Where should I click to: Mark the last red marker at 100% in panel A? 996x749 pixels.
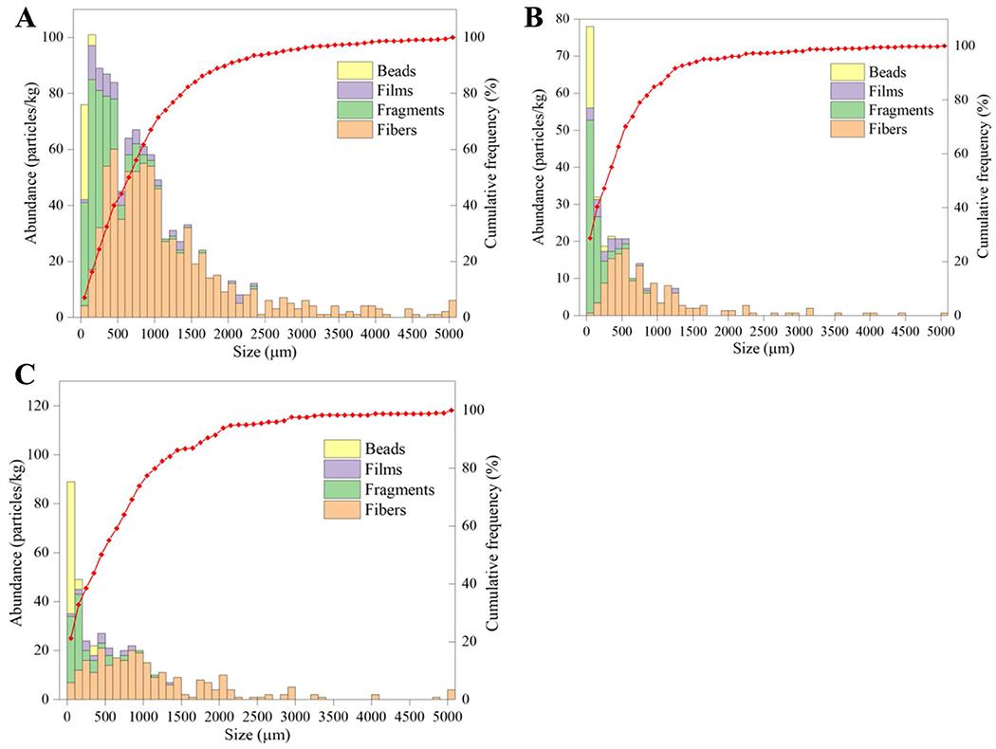453,37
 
